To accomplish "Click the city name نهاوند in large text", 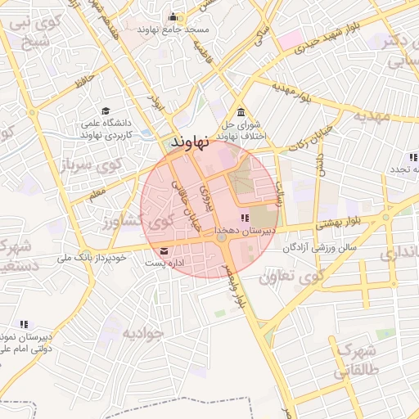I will [192, 140].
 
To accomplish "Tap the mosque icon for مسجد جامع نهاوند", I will [173, 16].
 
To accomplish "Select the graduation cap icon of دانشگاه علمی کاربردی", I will [106, 110].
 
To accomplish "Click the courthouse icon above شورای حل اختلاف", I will [240, 113].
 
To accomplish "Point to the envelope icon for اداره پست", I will [166, 250].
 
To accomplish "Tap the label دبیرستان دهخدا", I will [243, 232].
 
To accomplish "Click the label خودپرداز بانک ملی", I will [91, 257].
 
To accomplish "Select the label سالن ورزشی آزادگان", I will [322, 247].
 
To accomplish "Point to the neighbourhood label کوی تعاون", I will [291, 277].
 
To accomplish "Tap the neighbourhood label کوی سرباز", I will [91, 165].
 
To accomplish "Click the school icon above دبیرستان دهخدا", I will [244, 218].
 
